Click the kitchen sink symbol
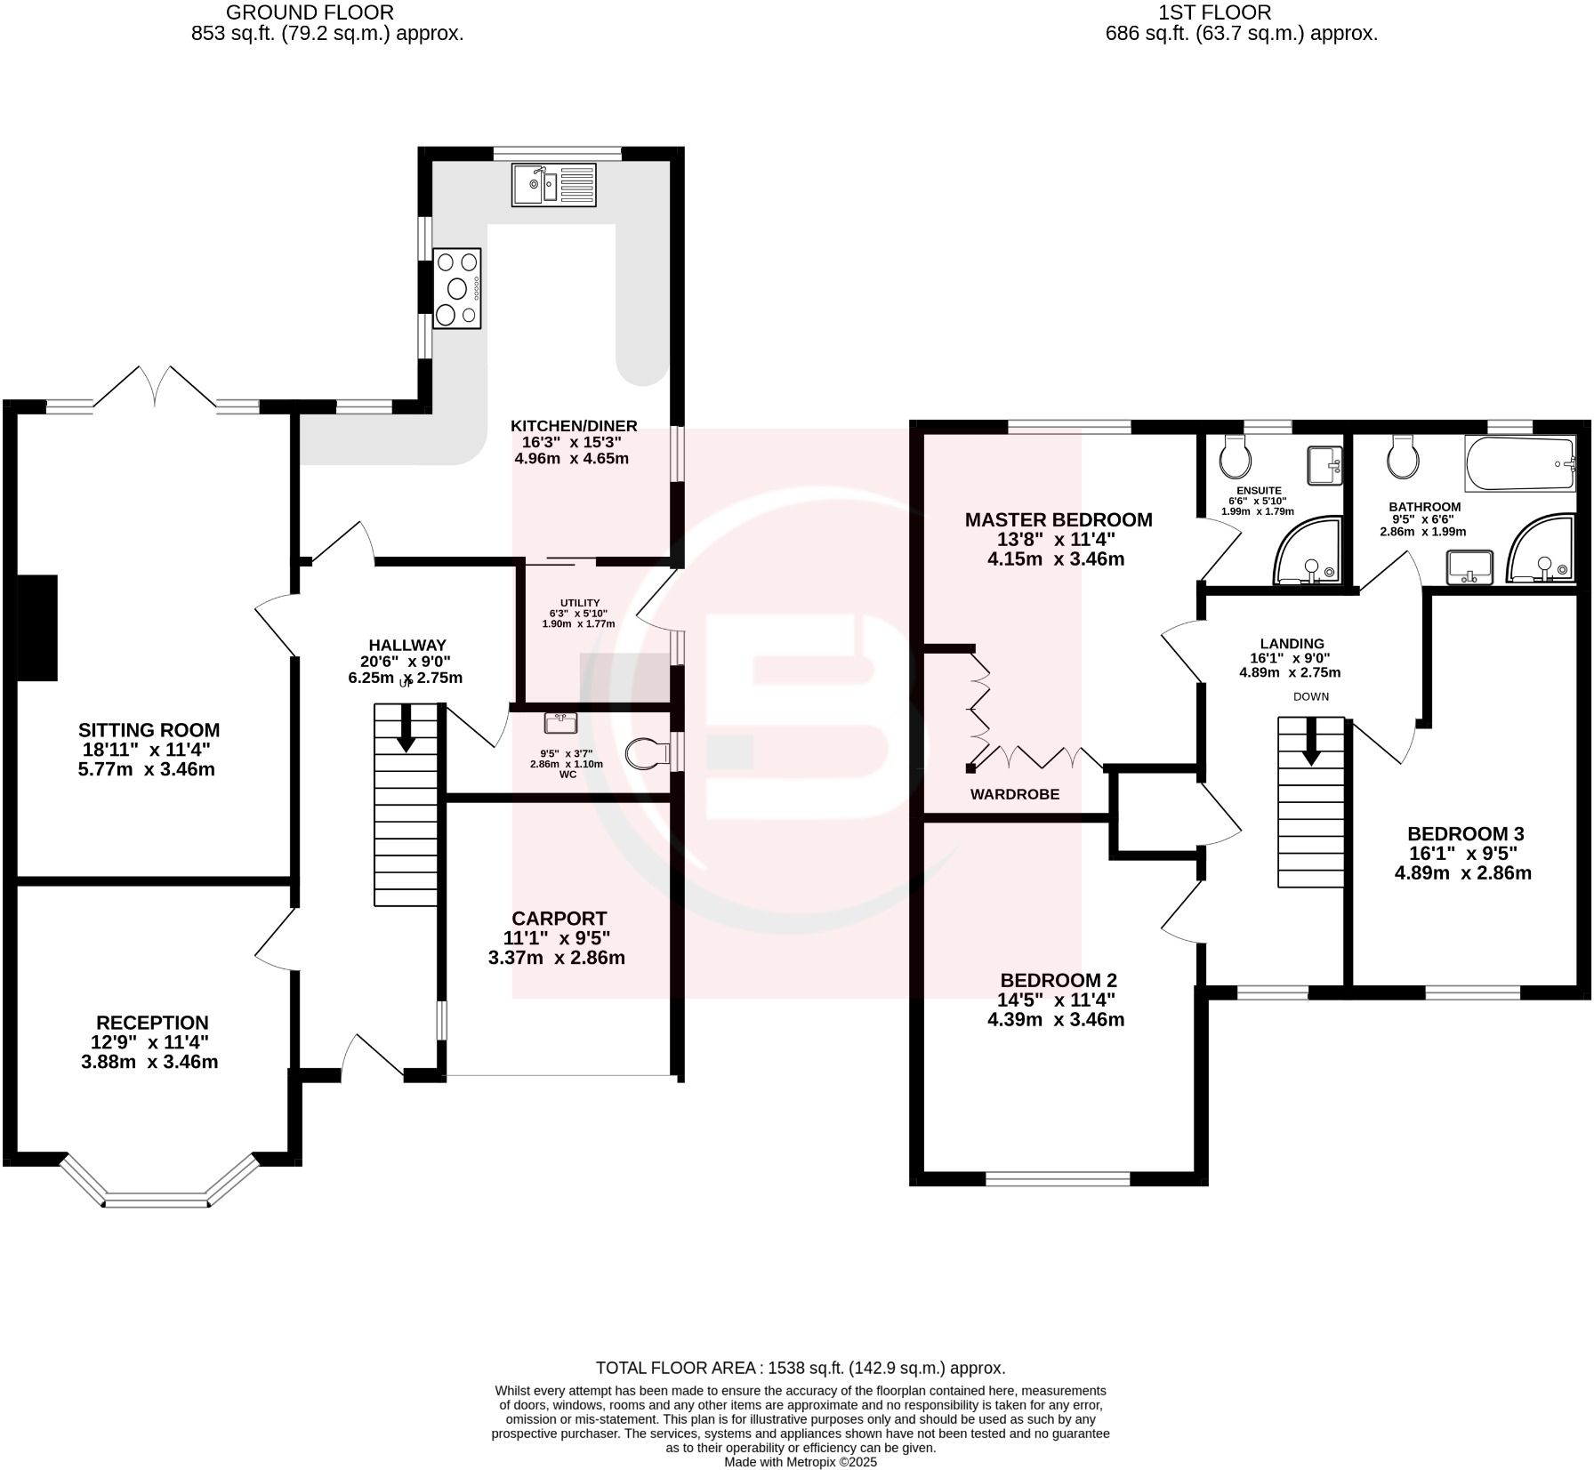553,184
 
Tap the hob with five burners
457,288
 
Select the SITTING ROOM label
149,730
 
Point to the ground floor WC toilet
648,754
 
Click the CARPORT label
559,919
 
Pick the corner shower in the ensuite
1308,552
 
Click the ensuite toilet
1236,456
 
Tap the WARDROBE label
1014,794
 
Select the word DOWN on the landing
1310,696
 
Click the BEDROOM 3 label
1465,833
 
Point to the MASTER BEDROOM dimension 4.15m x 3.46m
1056,559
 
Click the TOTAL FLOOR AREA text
800,1368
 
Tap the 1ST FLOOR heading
1214,12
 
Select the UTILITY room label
580,603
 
